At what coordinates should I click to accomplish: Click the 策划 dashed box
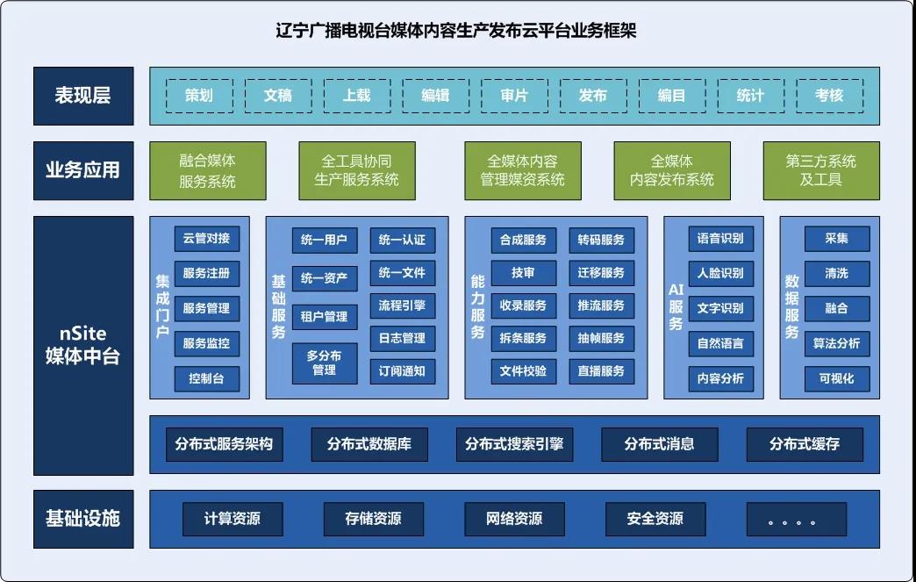[199, 96]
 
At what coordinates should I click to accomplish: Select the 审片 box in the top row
[514, 96]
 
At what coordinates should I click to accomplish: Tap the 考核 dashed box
[829, 96]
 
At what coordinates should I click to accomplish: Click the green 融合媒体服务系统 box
[208, 170]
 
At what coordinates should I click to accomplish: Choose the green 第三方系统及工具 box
[821, 170]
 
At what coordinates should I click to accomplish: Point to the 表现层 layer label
[83, 96]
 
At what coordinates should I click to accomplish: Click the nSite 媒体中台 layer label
[83, 346]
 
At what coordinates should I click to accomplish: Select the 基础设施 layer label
[83, 518]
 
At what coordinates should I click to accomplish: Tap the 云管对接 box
[206, 239]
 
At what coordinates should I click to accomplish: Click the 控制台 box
[206, 378]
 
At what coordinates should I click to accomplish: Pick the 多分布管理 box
[325, 363]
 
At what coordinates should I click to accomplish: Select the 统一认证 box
[402, 240]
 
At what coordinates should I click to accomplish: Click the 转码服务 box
[601, 240]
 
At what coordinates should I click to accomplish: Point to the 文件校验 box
[523, 370]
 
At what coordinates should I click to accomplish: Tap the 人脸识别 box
[720, 273]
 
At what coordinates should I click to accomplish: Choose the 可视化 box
[837, 378]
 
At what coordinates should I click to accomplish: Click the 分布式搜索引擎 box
[514, 444]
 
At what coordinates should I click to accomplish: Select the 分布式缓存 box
[805, 444]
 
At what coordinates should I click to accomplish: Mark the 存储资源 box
[373, 519]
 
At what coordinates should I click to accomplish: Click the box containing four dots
[797, 519]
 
